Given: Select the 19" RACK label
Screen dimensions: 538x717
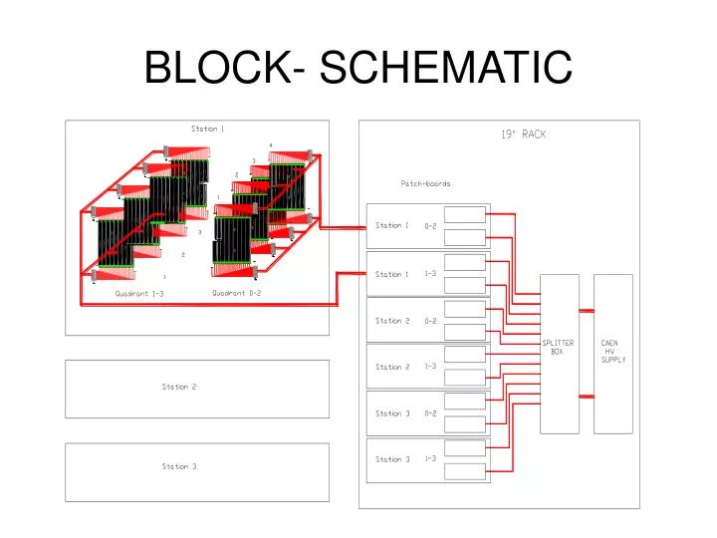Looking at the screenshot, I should pos(524,134).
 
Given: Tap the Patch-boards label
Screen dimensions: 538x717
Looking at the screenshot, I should pos(425,183).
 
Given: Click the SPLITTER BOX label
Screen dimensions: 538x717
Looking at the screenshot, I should pos(558,347).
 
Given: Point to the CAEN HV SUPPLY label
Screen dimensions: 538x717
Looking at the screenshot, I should pos(612,351).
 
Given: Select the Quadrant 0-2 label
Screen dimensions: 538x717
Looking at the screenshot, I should pos(237,293).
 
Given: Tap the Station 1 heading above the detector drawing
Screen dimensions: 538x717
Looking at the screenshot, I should pos(207,129).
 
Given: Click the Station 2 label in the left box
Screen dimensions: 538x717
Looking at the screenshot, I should pos(179,387).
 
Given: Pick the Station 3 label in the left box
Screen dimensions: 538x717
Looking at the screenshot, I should pos(179,466).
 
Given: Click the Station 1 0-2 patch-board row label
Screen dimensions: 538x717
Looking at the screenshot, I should pos(404,226).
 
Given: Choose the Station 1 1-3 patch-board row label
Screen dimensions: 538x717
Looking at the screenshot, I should pos(404,274).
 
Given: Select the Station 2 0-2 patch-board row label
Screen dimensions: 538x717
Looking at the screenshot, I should pos(404,321).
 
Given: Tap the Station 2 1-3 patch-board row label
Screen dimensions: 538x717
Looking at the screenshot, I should pos(404,367).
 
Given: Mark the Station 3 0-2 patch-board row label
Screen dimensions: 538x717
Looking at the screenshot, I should pos(404,413).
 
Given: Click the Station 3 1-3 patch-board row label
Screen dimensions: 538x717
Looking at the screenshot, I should pos(404,459).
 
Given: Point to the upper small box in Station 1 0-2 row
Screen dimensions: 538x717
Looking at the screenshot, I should pos(465,214).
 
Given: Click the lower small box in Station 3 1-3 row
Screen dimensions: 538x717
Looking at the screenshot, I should pos(465,471).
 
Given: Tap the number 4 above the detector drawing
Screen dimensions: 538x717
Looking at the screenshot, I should pos(271,144).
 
